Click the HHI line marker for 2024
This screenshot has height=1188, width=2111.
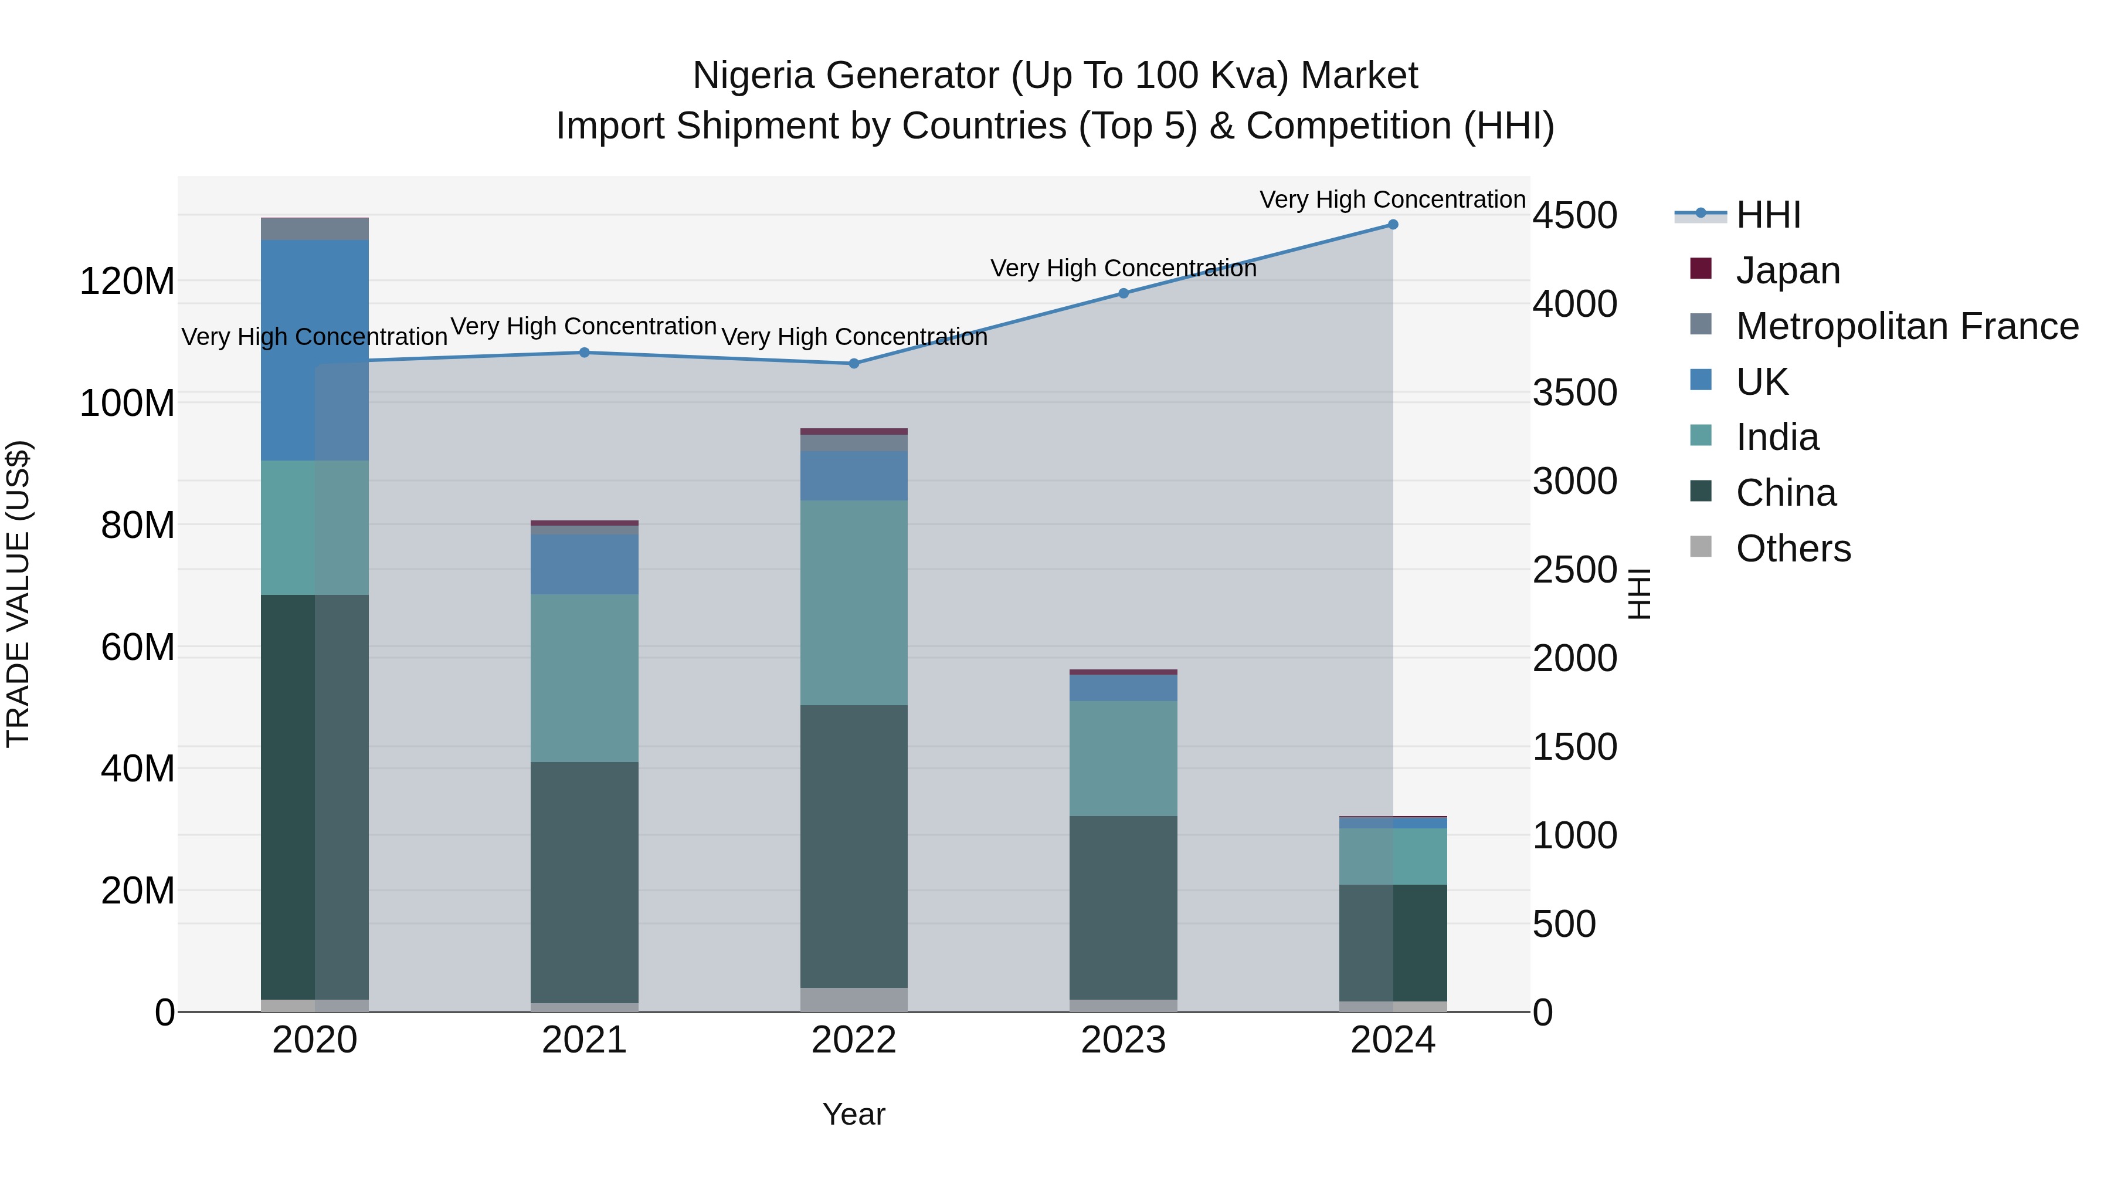click(x=1392, y=225)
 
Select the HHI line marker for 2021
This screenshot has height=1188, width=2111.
click(x=584, y=353)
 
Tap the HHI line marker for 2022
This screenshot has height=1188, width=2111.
click(x=854, y=363)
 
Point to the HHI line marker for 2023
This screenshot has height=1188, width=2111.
click(x=1124, y=293)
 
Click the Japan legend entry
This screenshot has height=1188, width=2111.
click(x=1787, y=270)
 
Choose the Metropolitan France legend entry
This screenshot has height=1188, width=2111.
click(x=1906, y=326)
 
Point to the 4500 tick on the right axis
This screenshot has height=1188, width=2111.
click(x=1574, y=216)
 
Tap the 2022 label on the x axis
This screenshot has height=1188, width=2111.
click(x=854, y=1040)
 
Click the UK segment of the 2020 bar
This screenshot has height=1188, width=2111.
click(x=315, y=350)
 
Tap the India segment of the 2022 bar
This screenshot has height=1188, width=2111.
click(x=854, y=603)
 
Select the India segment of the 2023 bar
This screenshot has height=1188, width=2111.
click(x=1124, y=759)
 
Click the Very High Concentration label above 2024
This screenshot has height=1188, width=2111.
click(x=1392, y=200)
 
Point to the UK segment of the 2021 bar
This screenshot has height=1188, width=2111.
click(x=584, y=564)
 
